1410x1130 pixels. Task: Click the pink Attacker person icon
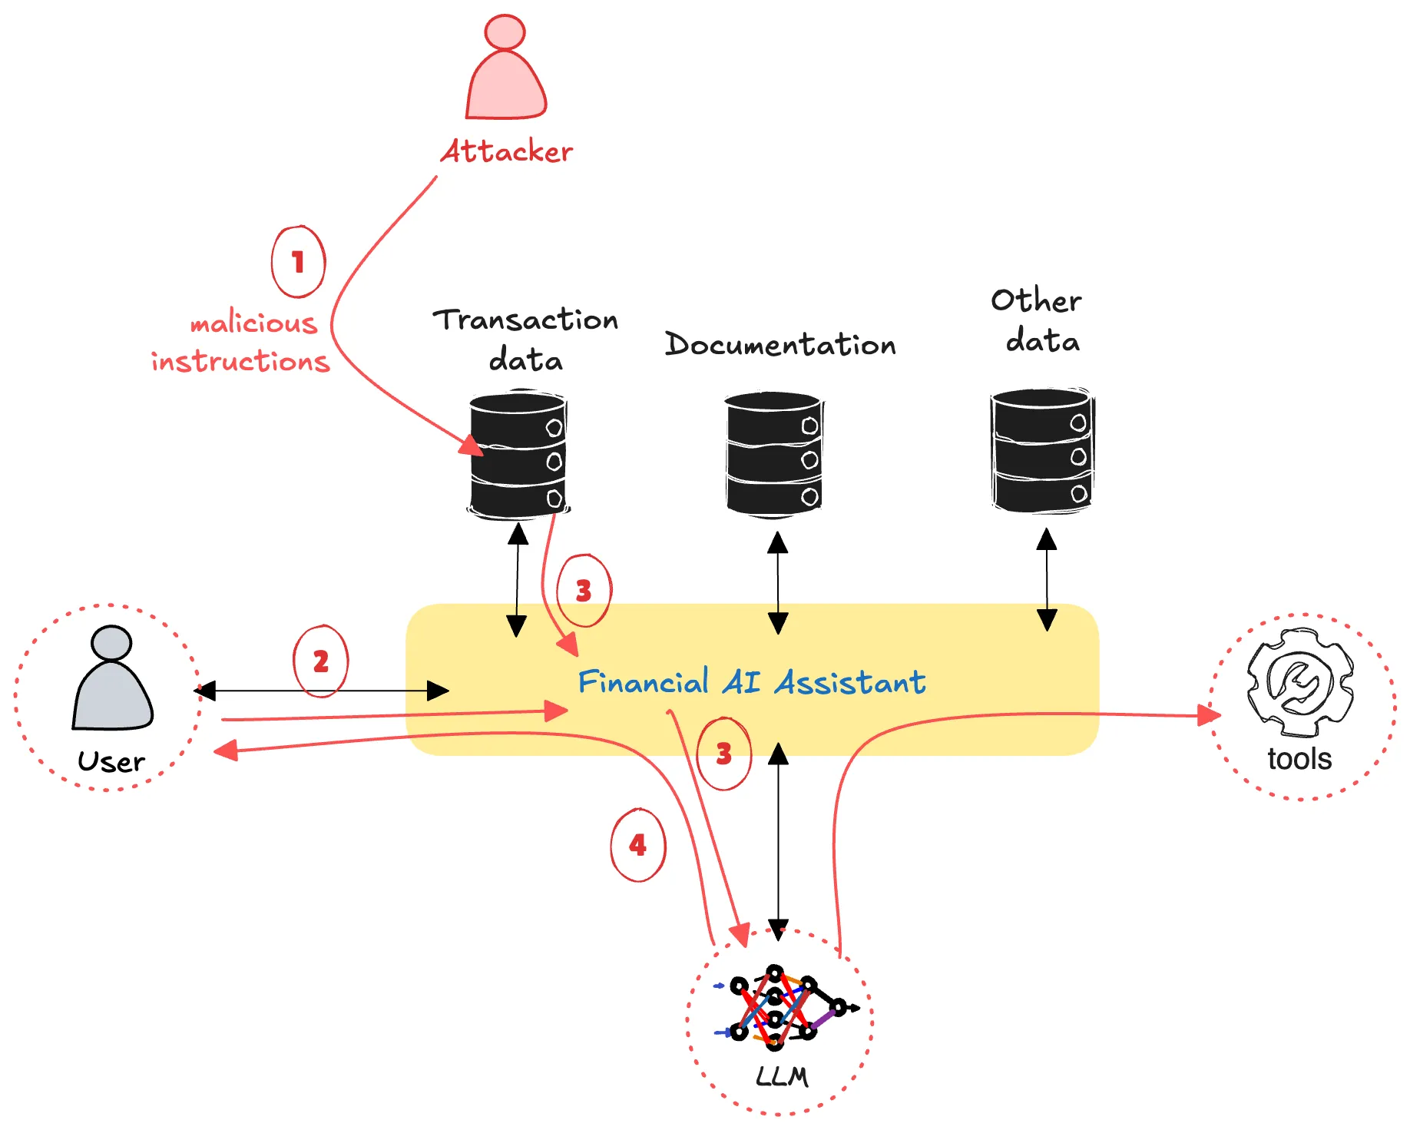pyautogui.click(x=506, y=68)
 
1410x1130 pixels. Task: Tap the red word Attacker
pyautogui.click(x=507, y=151)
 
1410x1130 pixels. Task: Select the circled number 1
pyautogui.click(x=298, y=262)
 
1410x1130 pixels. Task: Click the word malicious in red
pyautogui.click(x=253, y=323)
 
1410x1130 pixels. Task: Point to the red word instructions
pyautogui.click(x=240, y=360)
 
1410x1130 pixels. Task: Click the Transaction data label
pyautogui.click(x=526, y=339)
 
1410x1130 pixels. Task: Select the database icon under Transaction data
pyautogui.click(x=518, y=455)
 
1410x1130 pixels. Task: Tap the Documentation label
pyautogui.click(x=780, y=344)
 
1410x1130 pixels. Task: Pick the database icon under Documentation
pyautogui.click(x=774, y=453)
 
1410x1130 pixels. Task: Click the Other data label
pyautogui.click(x=1037, y=320)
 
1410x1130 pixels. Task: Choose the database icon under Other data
pyautogui.click(x=1042, y=450)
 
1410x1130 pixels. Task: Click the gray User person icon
pyautogui.click(x=112, y=678)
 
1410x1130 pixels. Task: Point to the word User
pyautogui.click(x=111, y=761)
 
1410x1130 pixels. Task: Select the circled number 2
pyautogui.click(x=321, y=661)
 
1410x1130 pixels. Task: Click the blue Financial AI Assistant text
pyautogui.click(x=752, y=681)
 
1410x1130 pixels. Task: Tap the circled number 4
pyautogui.click(x=638, y=845)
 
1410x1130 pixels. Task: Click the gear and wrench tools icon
pyautogui.click(x=1300, y=682)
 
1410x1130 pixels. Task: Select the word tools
pyautogui.click(x=1299, y=759)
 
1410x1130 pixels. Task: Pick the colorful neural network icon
pyautogui.click(x=785, y=1008)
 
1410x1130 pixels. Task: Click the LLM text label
pyautogui.click(x=782, y=1077)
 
